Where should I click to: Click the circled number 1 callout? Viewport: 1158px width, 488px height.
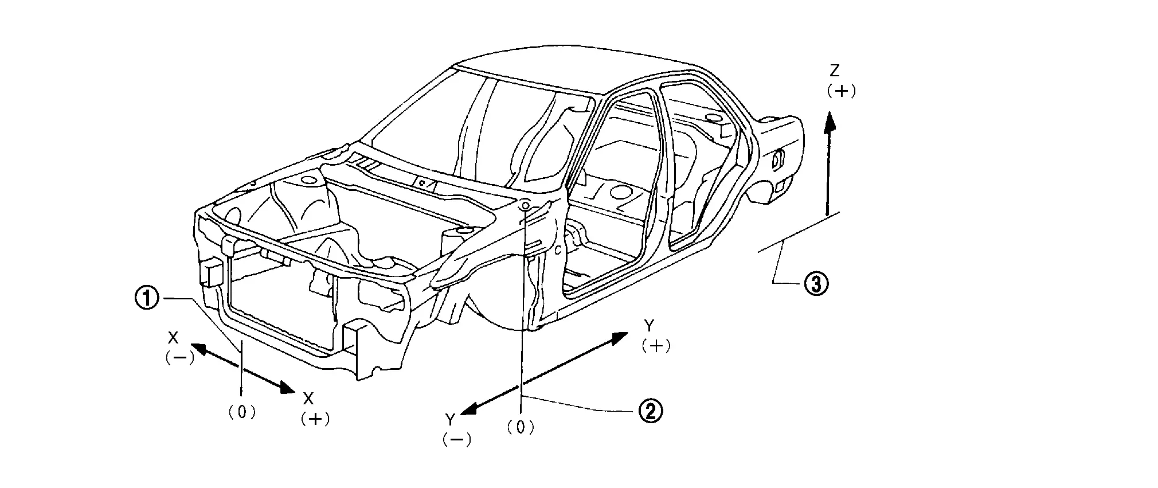tap(147, 298)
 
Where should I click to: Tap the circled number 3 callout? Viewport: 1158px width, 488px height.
tap(815, 283)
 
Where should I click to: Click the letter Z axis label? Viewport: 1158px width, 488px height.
tap(835, 71)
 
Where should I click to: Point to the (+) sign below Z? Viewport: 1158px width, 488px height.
tap(841, 91)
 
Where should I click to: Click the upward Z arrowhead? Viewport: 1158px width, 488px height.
tap(829, 122)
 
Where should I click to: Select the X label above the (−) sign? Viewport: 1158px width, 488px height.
tap(173, 337)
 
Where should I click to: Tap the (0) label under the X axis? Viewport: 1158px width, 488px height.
tap(242, 412)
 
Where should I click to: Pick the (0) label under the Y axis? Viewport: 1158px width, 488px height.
tap(521, 427)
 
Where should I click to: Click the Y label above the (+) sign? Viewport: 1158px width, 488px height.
tap(649, 326)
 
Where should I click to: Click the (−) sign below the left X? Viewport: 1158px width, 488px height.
tap(180, 357)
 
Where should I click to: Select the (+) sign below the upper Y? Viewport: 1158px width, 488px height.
tap(656, 346)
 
